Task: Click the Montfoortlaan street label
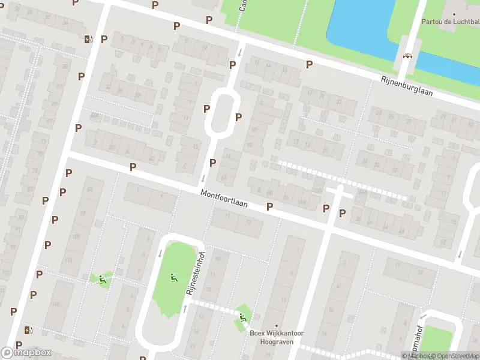tap(224, 199)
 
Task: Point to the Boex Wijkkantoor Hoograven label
tap(276, 337)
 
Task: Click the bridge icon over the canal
tap(408, 56)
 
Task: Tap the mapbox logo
tap(26, 352)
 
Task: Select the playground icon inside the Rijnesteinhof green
tap(173, 277)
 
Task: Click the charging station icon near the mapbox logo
tap(28, 329)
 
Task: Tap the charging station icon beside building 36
tap(89, 40)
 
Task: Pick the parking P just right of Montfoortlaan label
tap(269, 206)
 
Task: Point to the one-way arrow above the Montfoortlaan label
tap(203, 178)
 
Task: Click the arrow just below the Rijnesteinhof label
tap(185, 308)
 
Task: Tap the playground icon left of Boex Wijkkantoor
tap(242, 317)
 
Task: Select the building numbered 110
tap(67, 260)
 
